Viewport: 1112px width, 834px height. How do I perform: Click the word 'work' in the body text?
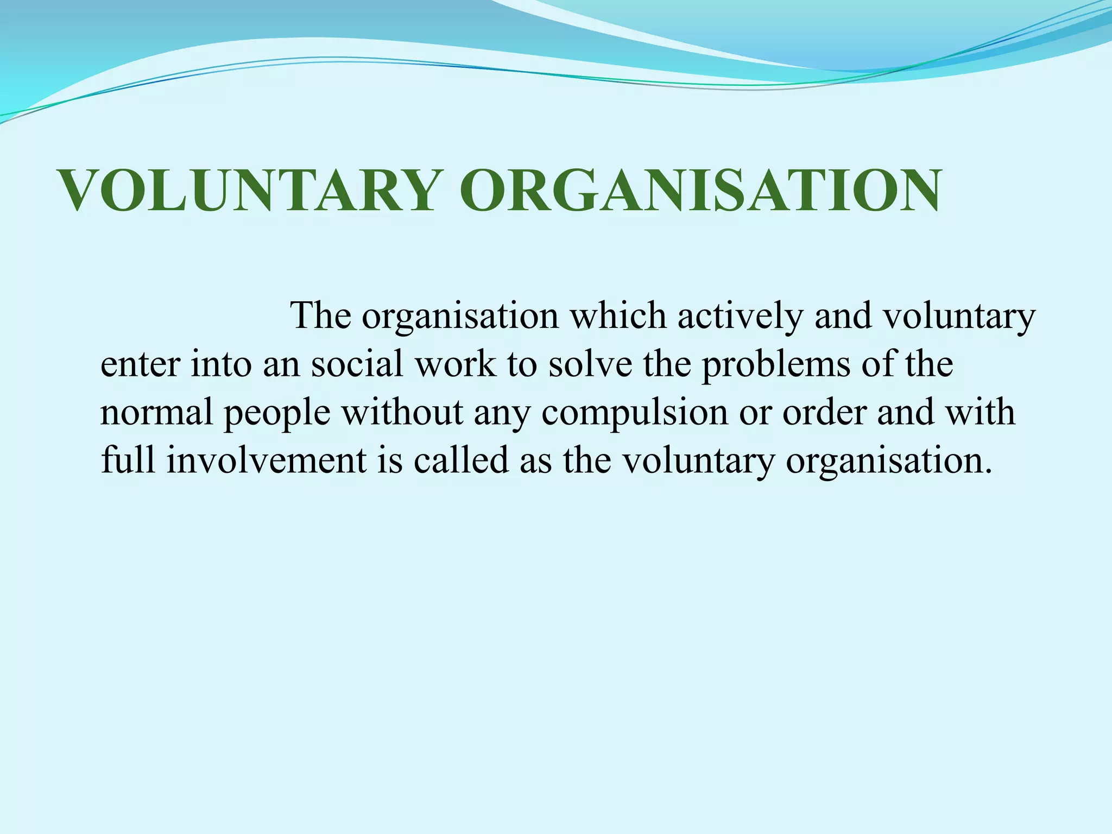click(455, 363)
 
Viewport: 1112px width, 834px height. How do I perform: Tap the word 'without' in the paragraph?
click(402, 412)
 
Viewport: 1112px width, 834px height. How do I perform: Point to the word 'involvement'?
click(267, 460)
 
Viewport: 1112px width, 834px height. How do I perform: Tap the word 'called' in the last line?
click(461, 460)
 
